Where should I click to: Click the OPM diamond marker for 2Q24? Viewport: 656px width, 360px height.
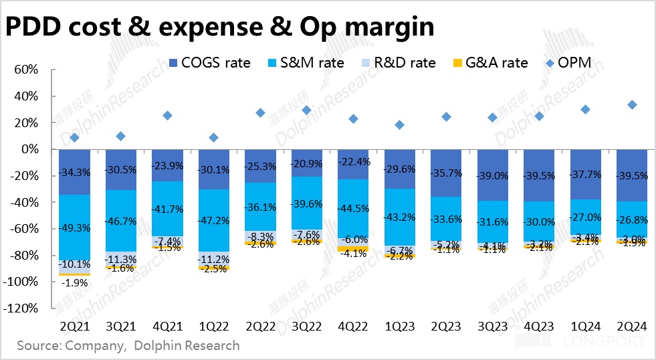[x=631, y=104]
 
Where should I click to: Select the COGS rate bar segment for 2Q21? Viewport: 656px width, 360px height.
[x=74, y=172]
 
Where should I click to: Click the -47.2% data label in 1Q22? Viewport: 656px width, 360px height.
[x=214, y=218]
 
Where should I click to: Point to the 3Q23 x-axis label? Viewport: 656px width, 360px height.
[x=492, y=326]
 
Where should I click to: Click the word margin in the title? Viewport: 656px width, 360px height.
[x=382, y=27]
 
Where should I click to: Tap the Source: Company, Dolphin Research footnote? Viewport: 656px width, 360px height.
[x=128, y=346]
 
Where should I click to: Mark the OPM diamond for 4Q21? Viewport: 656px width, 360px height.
[x=167, y=115]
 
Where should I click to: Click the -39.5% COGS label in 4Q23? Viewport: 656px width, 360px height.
[x=538, y=175]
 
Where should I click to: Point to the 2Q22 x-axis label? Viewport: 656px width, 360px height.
[x=260, y=326]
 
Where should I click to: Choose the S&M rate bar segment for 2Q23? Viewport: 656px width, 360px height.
[x=445, y=219]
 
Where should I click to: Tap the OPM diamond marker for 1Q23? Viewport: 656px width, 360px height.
[x=399, y=124]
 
